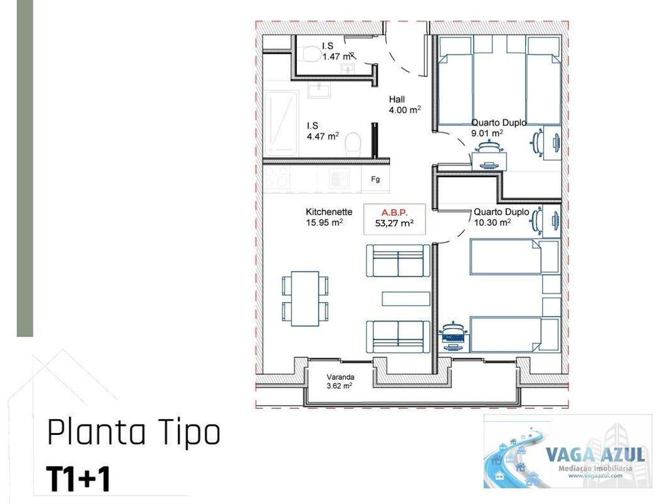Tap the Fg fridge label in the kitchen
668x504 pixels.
(375, 179)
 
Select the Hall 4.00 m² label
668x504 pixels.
(404, 105)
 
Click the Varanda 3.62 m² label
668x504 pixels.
(339, 381)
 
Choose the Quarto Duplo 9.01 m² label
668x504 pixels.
(498, 128)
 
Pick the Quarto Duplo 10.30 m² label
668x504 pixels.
(500, 217)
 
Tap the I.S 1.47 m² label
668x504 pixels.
(337, 52)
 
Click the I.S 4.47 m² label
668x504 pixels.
(323, 131)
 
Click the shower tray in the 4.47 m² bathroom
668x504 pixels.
(281, 123)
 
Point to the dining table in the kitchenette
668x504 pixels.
(305, 299)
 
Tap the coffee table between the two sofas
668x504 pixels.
(405, 299)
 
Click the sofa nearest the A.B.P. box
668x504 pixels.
(398, 261)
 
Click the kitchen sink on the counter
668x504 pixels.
(339, 177)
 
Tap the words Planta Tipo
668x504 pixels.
(134, 434)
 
